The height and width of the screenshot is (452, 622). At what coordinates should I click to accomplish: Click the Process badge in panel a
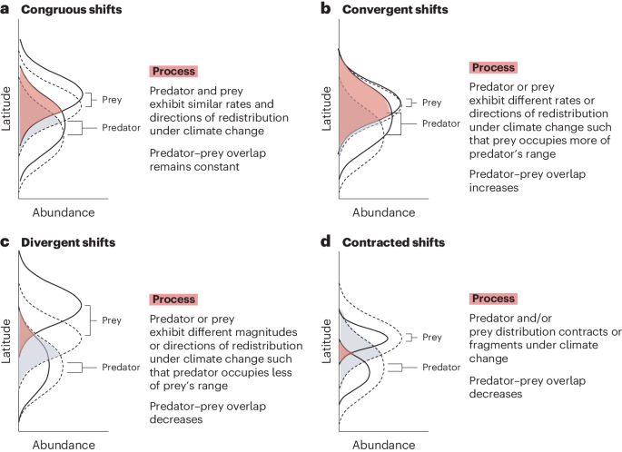click(x=173, y=71)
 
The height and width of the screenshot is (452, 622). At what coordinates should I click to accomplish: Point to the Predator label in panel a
click(x=121, y=128)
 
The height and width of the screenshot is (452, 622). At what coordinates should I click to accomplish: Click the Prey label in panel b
click(x=432, y=103)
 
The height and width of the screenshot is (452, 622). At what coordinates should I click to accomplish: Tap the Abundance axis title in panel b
click(x=382, y=212)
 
